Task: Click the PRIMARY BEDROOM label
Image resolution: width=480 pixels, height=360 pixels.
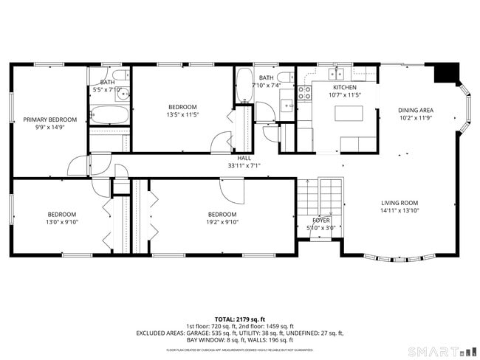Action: tap(50, 120)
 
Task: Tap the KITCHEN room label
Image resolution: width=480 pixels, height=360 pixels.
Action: tap(344, 87)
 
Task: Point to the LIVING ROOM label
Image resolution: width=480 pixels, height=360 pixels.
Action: tap(400, 203)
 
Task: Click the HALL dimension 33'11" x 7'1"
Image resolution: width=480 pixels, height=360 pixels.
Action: tap(244, 166)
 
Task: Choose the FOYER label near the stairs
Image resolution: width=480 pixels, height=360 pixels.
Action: tap(321, 220)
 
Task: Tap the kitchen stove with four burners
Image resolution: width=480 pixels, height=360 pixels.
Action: tap(304, 92)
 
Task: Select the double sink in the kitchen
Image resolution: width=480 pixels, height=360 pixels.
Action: tap(336, 73)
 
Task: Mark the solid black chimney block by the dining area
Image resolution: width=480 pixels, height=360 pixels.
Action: tap(445, 73)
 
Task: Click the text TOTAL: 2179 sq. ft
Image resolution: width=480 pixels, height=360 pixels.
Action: tap(241, 319)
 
